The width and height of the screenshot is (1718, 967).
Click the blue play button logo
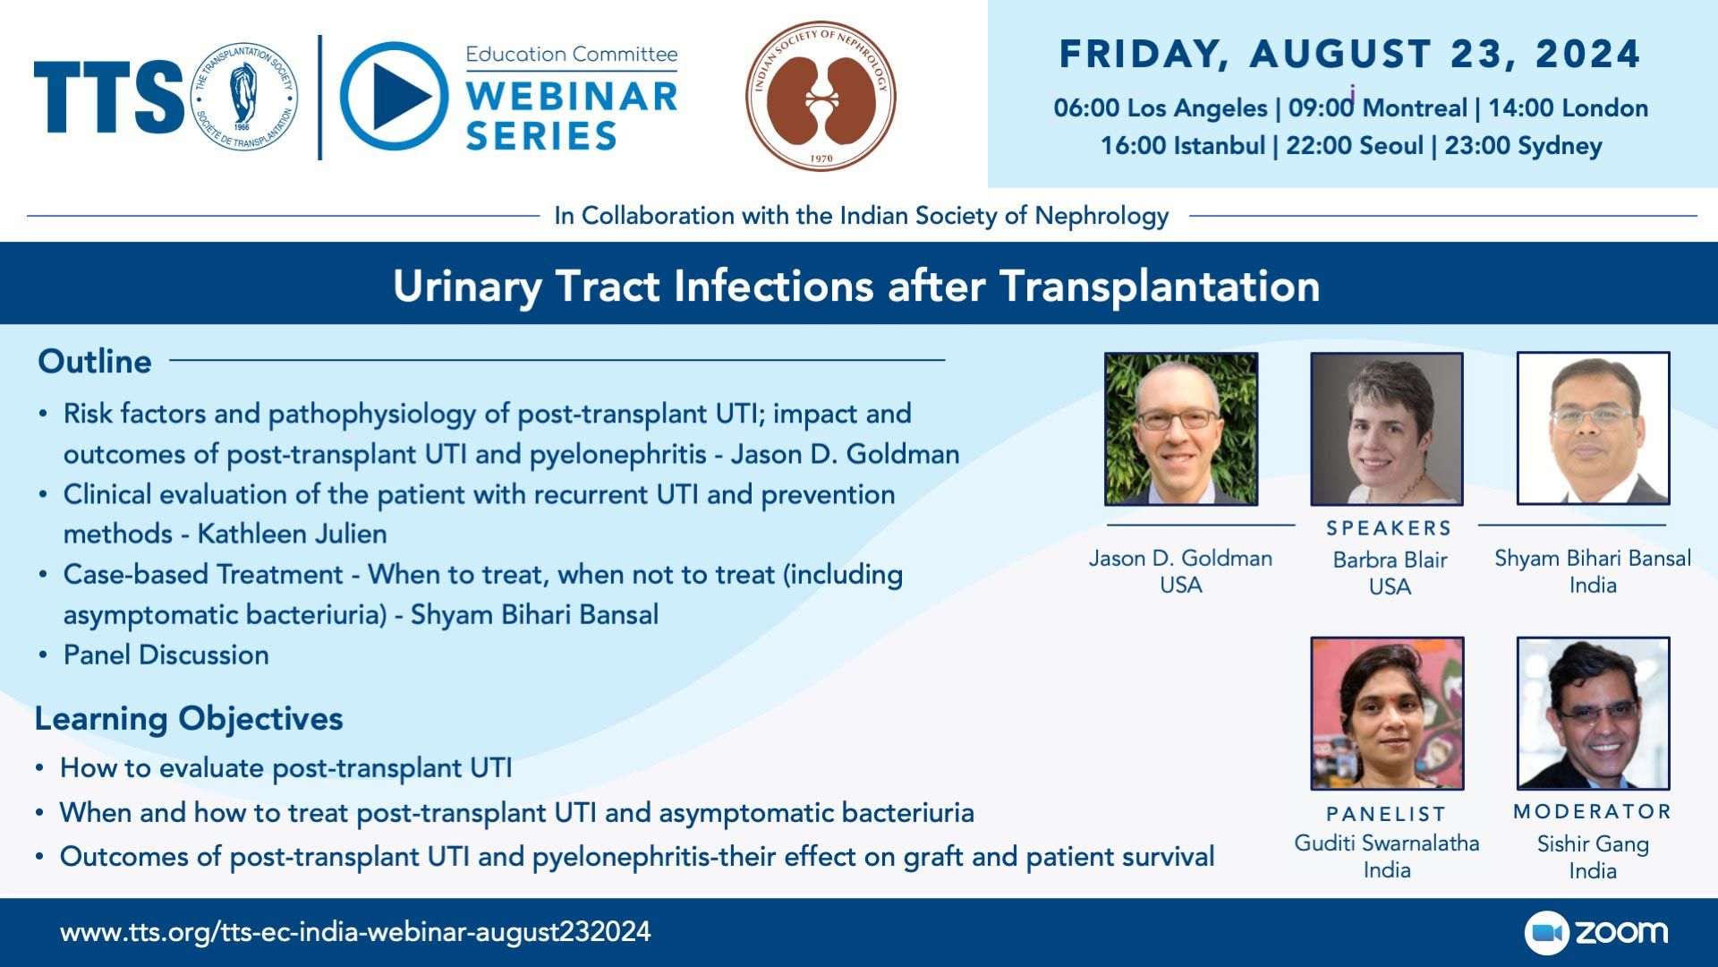394,96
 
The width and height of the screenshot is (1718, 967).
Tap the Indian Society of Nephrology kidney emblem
821,96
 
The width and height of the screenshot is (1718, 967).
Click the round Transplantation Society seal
243,96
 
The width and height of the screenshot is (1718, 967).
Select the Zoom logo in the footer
1596,932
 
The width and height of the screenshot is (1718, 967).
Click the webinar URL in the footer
355,932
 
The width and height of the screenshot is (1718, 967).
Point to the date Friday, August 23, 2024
1350,54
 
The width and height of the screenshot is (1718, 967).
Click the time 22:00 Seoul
1354,146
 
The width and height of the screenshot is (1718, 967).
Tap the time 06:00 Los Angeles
1161,108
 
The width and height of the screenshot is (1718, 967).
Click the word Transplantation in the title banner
1160,287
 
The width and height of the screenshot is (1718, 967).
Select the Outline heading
95,361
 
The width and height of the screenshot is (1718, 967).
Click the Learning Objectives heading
189,719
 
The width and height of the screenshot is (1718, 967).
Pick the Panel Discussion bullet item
166,655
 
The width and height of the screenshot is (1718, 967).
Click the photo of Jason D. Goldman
1181,429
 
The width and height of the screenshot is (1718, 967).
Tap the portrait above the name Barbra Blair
1387,429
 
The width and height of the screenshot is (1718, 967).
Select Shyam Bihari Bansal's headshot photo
1593,429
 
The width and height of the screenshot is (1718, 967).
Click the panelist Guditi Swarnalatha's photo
1387,714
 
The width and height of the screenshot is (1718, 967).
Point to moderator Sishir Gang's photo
1593,714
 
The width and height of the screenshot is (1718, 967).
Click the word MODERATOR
1593,812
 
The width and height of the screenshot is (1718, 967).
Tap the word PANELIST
1386,814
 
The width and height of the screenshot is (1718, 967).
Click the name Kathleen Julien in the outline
292,534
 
